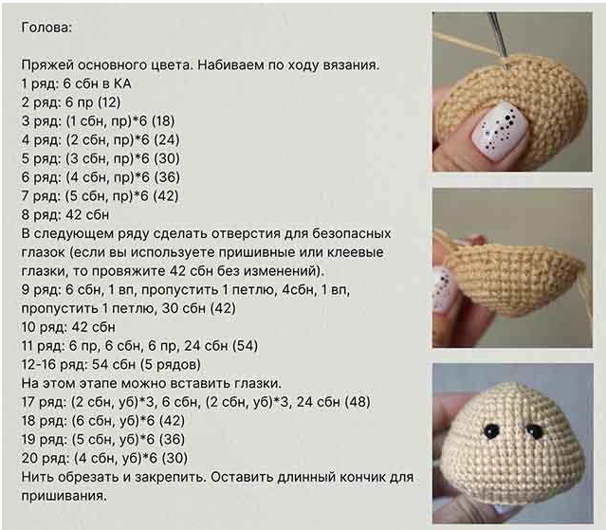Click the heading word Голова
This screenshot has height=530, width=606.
click(x=46, y=27)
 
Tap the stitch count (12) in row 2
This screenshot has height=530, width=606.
click(x=109, y=102)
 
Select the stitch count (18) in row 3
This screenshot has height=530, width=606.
click(x=163, y=121)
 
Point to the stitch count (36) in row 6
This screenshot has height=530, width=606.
click(x=167, y=177)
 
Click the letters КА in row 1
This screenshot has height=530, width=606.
click(x=122, y=83)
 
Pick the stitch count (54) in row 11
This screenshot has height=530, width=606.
click(x=245, y=346)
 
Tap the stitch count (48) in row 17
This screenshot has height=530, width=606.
click(x=358, y=402)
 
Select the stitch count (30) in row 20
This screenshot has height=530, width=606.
click(x=174, y=459)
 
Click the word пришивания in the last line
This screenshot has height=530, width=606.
click(x=64, y=496)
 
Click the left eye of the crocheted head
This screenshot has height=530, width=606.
click(x=491, y=430)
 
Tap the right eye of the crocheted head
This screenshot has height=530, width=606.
click(x=535, y=431)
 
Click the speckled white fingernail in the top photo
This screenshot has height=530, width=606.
click(x=499, y=132)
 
